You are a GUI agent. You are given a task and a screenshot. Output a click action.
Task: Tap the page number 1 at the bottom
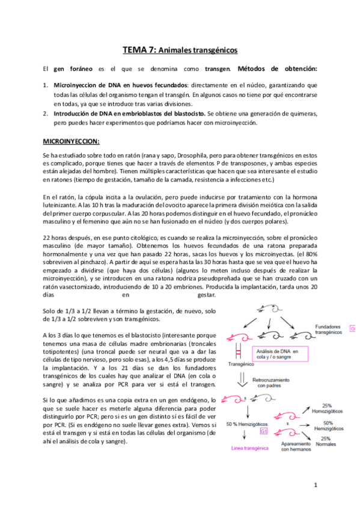[x=316, y=485]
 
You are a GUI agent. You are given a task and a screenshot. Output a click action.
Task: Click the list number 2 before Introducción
[x=46, y=113]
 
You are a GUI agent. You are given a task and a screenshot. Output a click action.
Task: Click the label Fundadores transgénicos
[x=329, y=328]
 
